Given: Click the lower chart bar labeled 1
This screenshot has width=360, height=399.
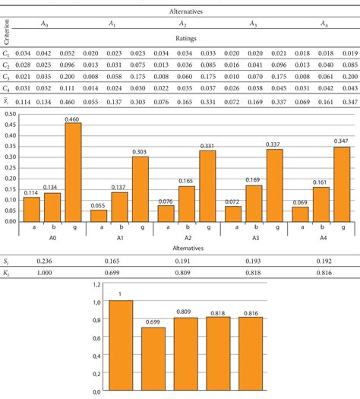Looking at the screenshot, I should pyautogui.click(x=121, y=346).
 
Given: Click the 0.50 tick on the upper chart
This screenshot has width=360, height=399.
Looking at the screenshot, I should pyautogui.click(x=11, y=113).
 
